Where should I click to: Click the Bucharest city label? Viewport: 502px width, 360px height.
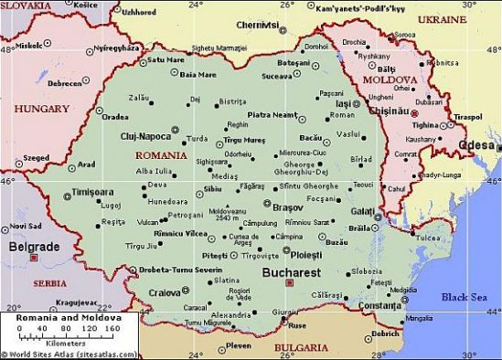click(x=291, y=272)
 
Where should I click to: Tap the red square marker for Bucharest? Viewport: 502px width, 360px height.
click(x=289, y=283)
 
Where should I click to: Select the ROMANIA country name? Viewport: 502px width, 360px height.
click(x=160, y=155)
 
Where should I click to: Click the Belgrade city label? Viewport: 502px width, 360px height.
click(x=34, y=247)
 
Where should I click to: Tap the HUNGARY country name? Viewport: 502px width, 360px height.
click(x=40, y=108)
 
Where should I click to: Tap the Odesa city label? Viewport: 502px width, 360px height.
click(x=479, y=145)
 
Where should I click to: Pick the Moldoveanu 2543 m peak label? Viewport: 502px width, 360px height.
click(x=227, y=214)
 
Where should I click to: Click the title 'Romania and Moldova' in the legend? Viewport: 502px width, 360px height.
click(x=57, y=316)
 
